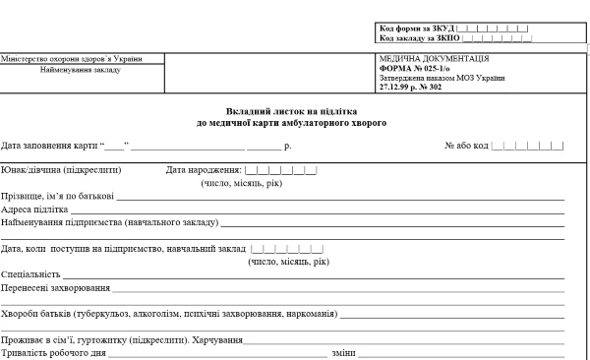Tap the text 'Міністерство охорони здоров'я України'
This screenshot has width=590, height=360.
pyautogui.click(x=70, y=58)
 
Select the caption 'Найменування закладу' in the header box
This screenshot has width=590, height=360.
pyautogui.click(x=70, y=69)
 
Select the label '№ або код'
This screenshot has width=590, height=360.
pyautogui.click(x=466, y=147)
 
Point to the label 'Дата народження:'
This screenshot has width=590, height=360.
pyautogui.click(x=204, y=170)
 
